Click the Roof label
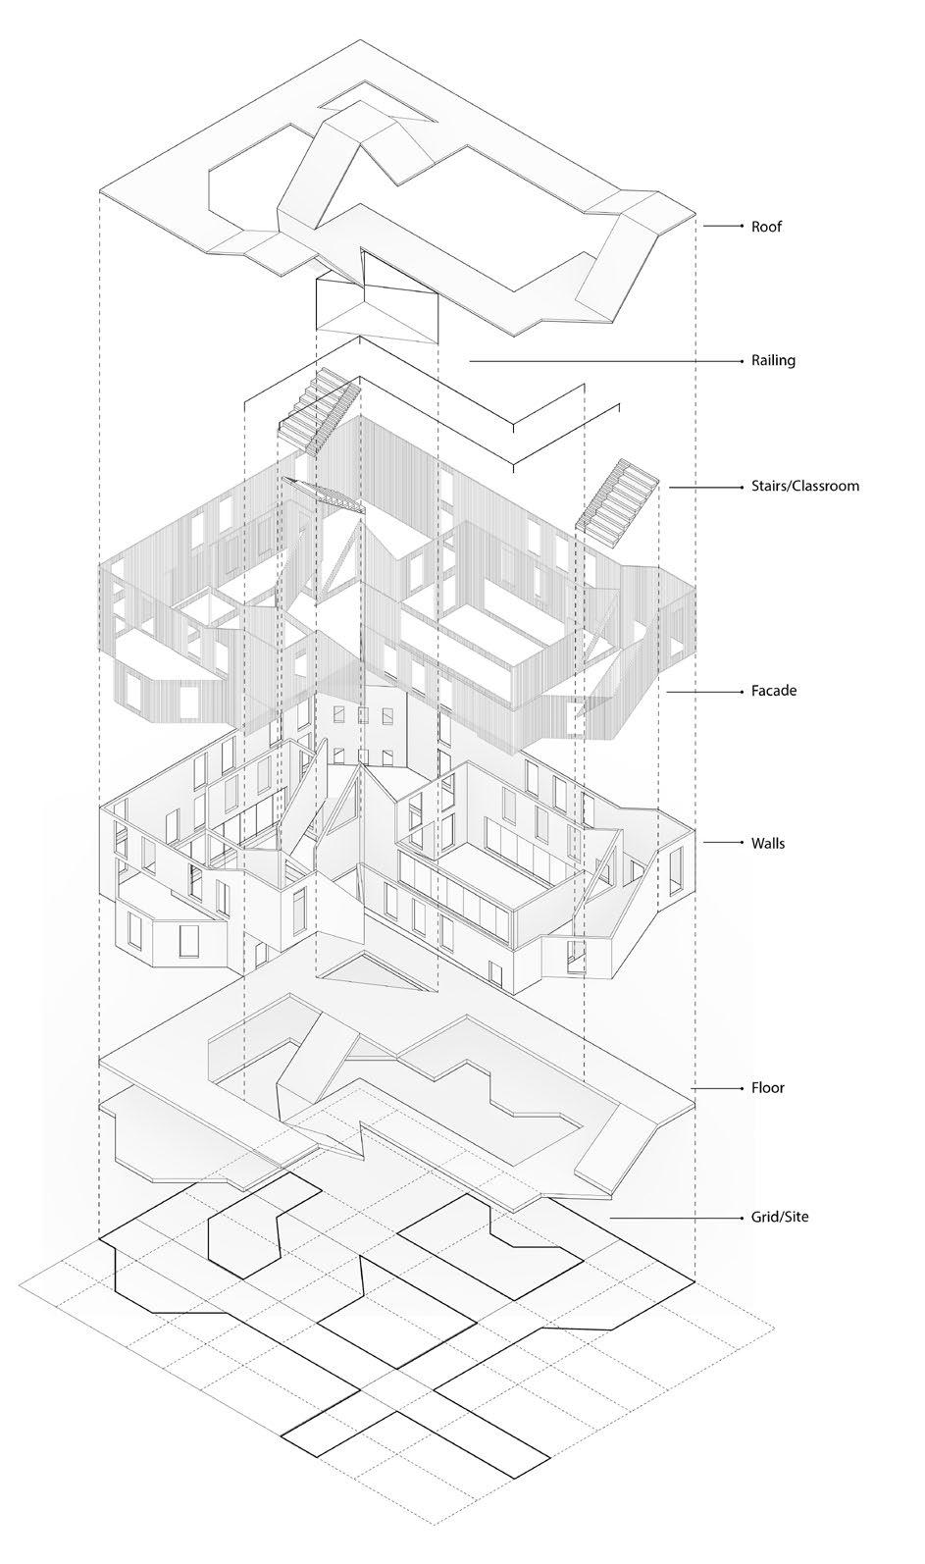pyautogui.click(x=766, y=227)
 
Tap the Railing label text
pyautogui.click(x=773, y=360)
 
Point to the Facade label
pyautogui.click(x=774, y=691)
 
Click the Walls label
pyautogui.click(x=768, y=843)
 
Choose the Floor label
pyautogui.click(x=768, y=1087)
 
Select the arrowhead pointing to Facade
pyautogui.click(x=740, y=691)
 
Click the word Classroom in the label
pyautogui.click(x=826, y=486)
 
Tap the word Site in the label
pyautogui.click(x=795, y=1218)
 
